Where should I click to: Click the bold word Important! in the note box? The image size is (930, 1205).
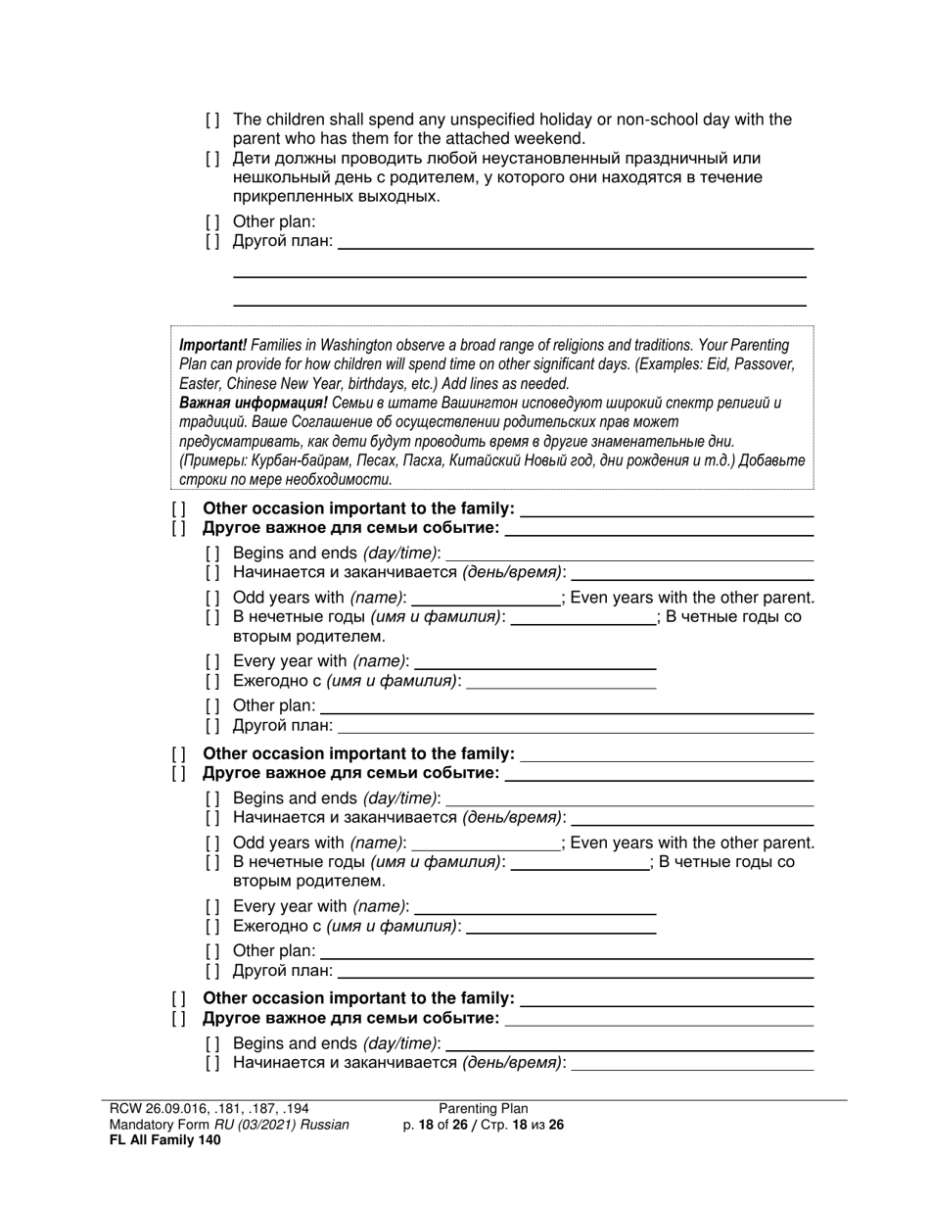coord(212,345)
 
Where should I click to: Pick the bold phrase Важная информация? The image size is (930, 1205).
coord(254,403)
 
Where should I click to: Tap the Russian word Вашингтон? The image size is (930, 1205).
coord(474,403)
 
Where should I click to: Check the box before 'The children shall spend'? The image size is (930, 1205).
coord(212,120)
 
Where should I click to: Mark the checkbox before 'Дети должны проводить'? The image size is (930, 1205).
coord(212,159)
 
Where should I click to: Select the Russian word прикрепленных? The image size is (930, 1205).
coord(286,197)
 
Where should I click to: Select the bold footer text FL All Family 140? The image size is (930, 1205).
coord(165,1139)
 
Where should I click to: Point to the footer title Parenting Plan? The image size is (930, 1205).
coord(483,1109)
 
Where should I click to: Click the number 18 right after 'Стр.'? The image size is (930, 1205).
coord(518,1125)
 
